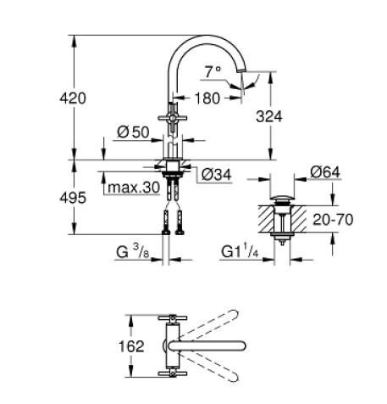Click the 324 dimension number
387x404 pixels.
tap(290, 116)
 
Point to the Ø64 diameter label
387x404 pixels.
tap(325, 173)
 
